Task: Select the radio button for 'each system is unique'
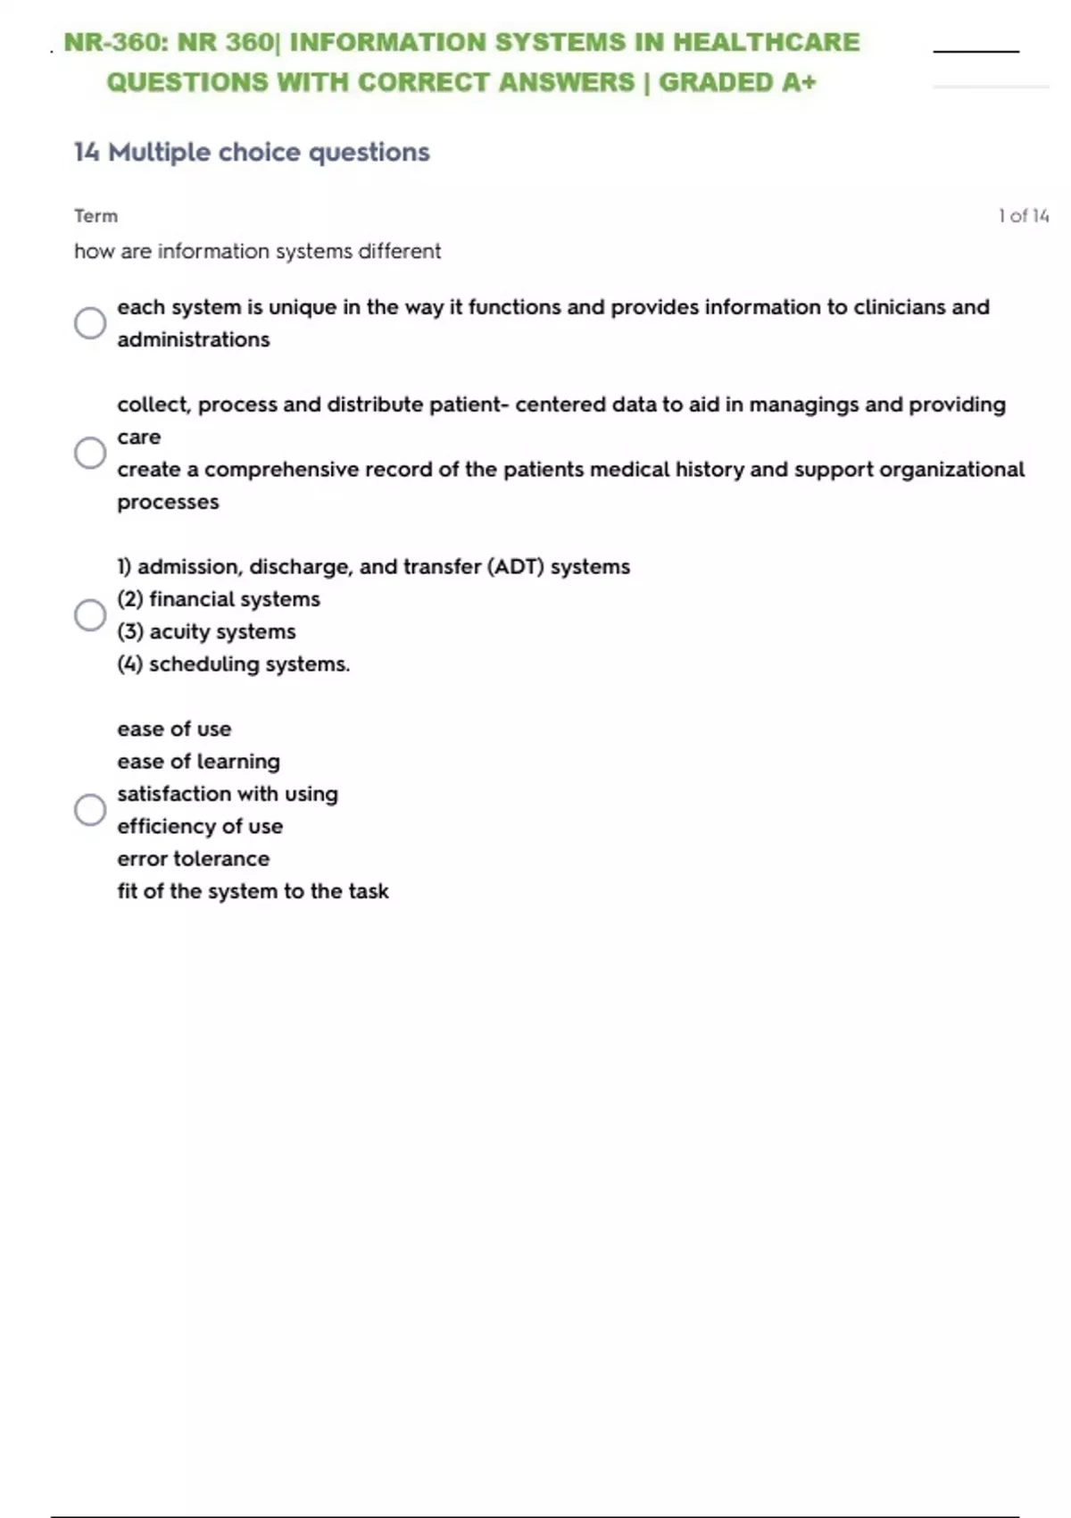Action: pos(90,323)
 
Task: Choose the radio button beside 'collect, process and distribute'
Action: pos(90,453)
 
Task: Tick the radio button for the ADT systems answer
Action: pos(90,615)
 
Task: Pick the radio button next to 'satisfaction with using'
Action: pos(90,810)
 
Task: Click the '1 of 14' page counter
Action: pos(1023,216)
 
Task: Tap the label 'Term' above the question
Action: pos(95,216)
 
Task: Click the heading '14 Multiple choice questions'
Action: pos(252,153)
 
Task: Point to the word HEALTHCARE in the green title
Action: pos(766,42)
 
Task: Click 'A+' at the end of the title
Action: pos(799,82)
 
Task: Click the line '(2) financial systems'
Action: pos(219,599)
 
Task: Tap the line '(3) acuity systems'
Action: pos(206,631)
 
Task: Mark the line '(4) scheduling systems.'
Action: pos(234,664)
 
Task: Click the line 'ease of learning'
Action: pos(198,762)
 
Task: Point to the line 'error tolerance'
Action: pos(193,859)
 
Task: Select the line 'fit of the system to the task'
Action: pos(253,891)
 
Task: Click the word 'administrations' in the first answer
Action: pos(193,339)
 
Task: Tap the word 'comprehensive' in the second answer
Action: pos(274,470)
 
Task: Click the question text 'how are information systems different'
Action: pos(257,252)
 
